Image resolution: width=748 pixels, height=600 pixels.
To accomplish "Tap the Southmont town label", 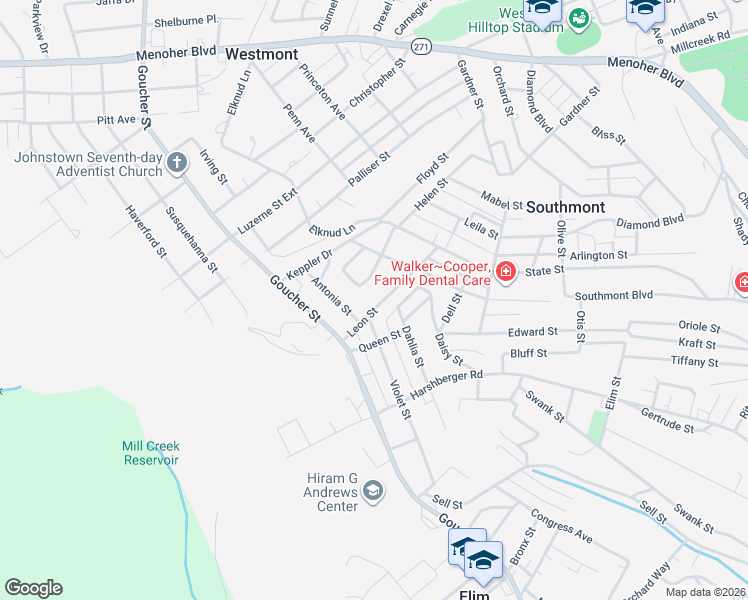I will pos(565,207).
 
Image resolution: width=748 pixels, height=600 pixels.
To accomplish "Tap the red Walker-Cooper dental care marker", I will pos(505,272).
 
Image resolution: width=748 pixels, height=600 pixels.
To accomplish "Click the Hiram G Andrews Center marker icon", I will pos(373,490).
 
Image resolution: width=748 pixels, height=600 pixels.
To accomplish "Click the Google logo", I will pos(33,588).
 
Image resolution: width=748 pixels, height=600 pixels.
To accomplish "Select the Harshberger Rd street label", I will pos(447,384).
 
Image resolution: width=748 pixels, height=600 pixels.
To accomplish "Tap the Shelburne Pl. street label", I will pos(186,20).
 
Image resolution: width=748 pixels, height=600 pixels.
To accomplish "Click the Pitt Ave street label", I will pos(116,119).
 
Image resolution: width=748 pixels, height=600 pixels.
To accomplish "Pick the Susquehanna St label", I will pos(191,240).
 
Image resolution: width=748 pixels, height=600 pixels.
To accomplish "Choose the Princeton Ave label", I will pos(322,92).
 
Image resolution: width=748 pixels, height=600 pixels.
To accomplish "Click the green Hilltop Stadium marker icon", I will pos(578,17).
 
